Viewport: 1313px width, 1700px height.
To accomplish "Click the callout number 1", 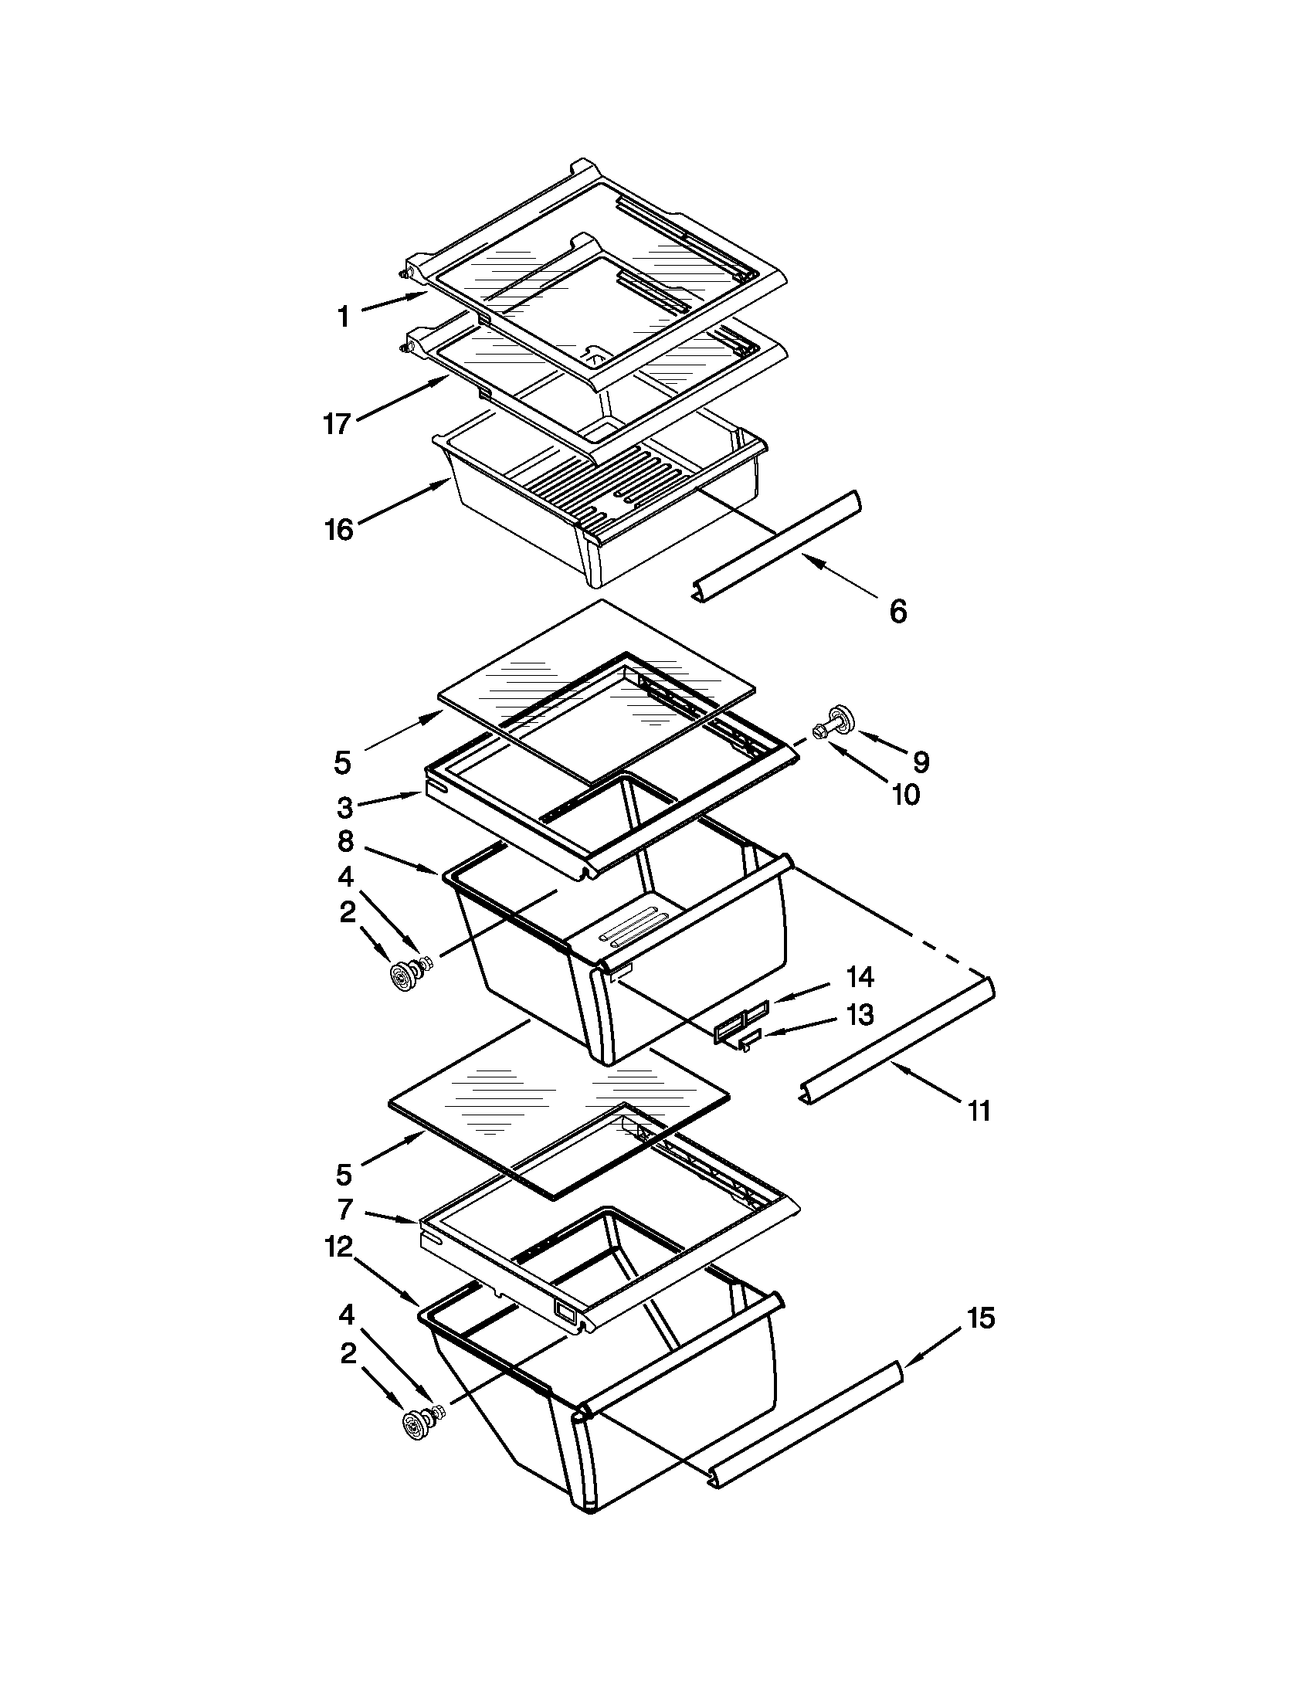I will [x=343, y=317].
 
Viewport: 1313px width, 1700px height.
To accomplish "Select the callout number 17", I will [x=338, y=424].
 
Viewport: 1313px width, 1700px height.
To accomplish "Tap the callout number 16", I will [x=339, y=530].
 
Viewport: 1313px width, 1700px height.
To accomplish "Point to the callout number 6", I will [x=897, y=611].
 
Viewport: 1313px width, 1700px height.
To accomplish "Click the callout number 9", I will [x=921, y=762].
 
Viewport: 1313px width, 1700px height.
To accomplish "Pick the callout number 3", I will [x=344, y=807].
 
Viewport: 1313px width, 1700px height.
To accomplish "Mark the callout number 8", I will [x=345, y=841].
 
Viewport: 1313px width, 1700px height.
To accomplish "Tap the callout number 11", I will [x=979, y=1111].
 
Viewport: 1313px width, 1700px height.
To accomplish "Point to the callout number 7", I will [x=345, y=1210].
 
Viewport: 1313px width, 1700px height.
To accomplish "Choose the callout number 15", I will [x=981, y=1318].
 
